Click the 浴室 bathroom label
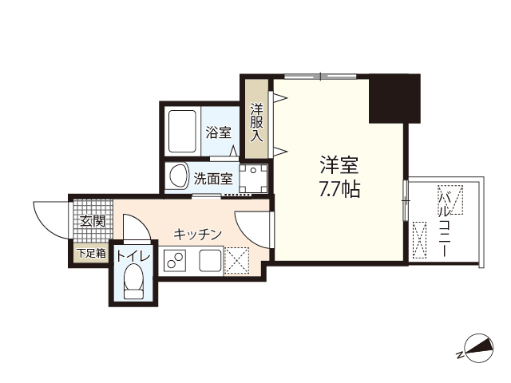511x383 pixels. (x=218, y=132)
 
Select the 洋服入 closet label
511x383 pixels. (x=256, y=122)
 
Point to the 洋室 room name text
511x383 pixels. (x=339, y=167)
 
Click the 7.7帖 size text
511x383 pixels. (x=339, y=191)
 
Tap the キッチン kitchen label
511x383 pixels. (x=198, y=234)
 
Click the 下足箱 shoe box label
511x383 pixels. (x=90, y=254)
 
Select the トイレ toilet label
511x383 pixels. (x=133, y=256)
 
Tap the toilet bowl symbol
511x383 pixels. (x=133, y=281)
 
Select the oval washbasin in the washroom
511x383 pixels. (x=178, y=176)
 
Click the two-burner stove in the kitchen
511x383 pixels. (x=175, y=259)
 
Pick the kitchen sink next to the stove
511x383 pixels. (x=210, y=259)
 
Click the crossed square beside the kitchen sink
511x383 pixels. (x=237, y=259)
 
